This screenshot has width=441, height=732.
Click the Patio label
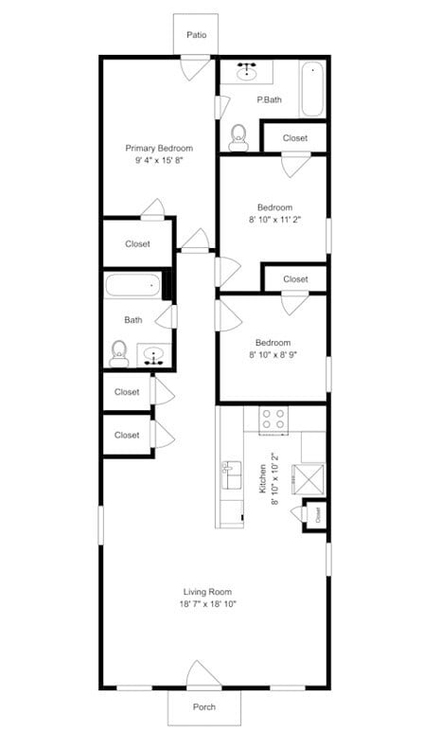pos(196,35)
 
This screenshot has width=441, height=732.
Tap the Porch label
pos(204,706)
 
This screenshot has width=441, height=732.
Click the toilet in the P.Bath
pos(238,136)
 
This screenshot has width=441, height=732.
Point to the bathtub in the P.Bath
pos(311,89)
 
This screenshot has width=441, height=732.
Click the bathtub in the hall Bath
pos(132,286)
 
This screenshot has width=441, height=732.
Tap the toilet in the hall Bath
pos(119,352)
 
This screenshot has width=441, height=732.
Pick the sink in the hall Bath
pos(155,356)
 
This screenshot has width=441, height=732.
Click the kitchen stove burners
pos(274,419)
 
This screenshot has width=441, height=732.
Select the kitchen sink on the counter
pos(231,473)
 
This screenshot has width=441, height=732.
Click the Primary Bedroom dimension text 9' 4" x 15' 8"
pos(159,162)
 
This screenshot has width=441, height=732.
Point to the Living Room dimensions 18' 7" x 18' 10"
pos(207,604)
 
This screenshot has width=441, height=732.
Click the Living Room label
pos(207,592)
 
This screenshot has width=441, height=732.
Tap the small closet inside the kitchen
pos(317,516)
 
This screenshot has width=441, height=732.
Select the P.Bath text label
pos(270,99)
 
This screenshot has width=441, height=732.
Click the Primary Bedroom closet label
pos(137,244)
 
